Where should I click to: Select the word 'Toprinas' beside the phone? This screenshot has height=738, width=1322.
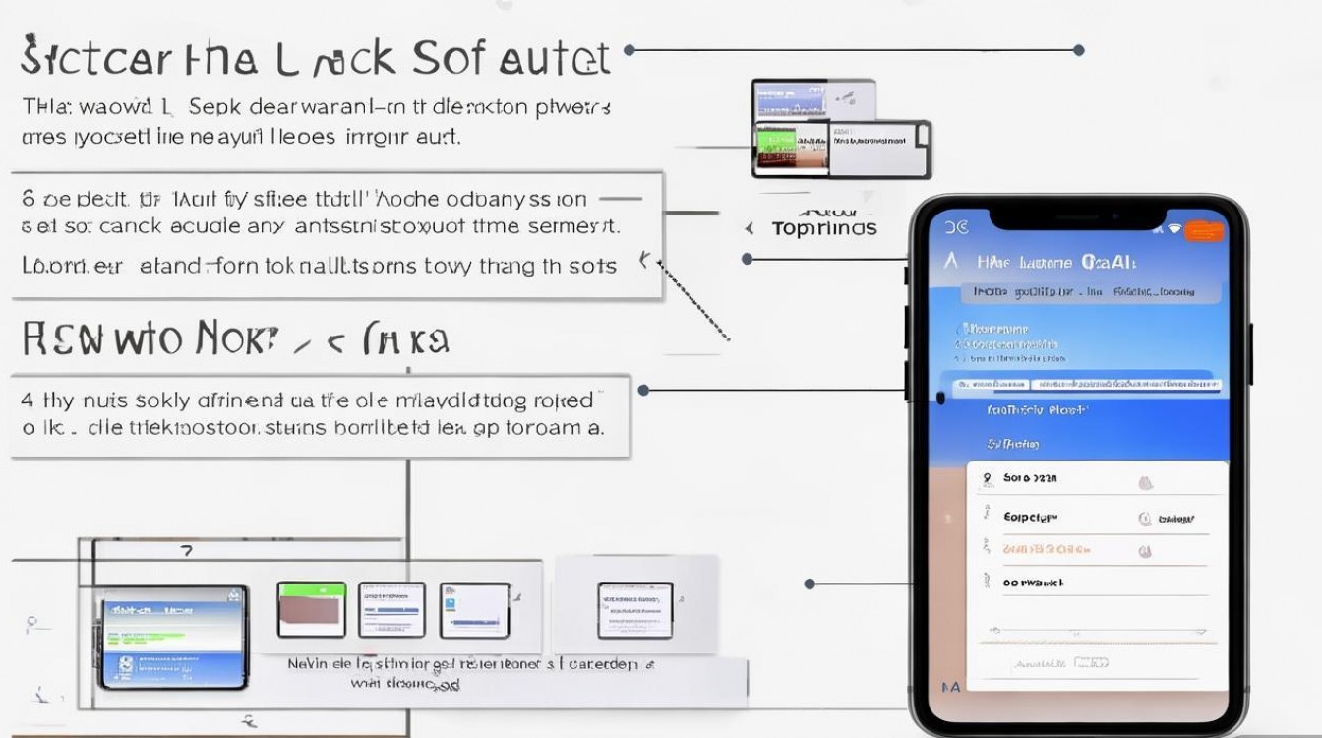[x=823, y=229]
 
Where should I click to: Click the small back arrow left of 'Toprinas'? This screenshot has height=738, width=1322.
[x=750, y=229]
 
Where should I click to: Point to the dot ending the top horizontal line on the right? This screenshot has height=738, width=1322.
[x=1079, y=50]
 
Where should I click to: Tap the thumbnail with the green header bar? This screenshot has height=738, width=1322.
[x=311, y=610]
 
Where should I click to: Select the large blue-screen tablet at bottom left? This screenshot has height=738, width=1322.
[x=172, y=636]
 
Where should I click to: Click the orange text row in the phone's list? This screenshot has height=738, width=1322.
[x=1045, y=549]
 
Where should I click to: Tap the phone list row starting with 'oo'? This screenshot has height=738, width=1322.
[x=1033, y=583]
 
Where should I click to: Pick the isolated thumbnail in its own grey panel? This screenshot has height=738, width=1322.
[x=634, y=610]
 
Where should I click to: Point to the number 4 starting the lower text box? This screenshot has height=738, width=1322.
[x=28, y=400]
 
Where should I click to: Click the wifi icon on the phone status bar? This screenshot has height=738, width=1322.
[x=1173, y=229]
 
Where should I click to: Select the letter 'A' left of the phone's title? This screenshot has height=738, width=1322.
[x=950, y=262]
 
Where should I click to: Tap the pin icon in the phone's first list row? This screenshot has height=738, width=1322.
[x=987, y=478]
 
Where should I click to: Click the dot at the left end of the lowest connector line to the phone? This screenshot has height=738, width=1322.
[x=810, y=584]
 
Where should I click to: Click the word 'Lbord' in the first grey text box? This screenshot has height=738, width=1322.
[x=47, y=266]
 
